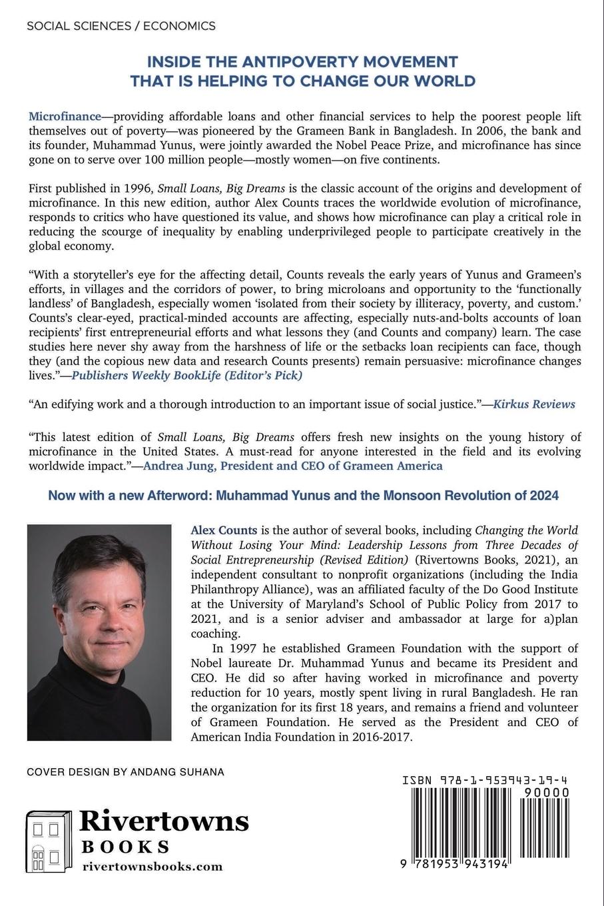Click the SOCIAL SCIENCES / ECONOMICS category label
(121, 26)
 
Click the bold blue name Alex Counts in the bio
(224, 531)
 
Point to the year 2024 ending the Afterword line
(543, 496)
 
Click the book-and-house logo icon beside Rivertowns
(49, 841)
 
